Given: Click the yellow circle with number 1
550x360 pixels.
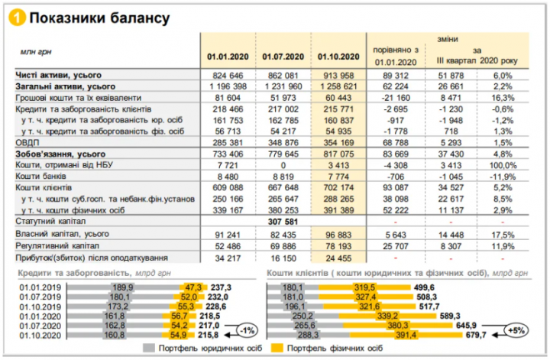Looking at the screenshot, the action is pyautogui.click(x=17, y=18).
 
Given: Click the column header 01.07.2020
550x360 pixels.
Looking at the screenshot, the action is pyautogui.click(x=283, y=57).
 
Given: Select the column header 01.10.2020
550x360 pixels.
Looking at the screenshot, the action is pyautogui.click(x=338, y=57).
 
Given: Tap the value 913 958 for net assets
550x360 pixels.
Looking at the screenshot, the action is pyautogui.click(x=338, y=76).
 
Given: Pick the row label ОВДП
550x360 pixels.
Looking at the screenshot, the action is pyautogui.click(x=27, y=143).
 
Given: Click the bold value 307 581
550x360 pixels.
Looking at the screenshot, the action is pyautogui.click(x=283, y=222).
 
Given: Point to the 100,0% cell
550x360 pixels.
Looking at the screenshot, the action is pyautogui.click(x=503, y=165).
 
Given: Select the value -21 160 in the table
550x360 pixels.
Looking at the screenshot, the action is pyautogui.click(x=396, y=98).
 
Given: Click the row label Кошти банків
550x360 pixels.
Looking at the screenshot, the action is pyautogui.click(x=40, y=176).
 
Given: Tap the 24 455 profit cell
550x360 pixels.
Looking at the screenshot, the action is pyautogui.click(x=338, y=258).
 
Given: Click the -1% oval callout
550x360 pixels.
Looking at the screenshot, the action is pyautogui.click(x=247, y=330).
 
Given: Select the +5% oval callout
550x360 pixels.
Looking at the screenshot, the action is pyautogui.click(x=516, y=330).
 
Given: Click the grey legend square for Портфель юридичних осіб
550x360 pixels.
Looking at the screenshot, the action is pyautogui.click(x=149, y=348).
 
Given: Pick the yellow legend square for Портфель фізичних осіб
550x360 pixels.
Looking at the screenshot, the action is pyautogui.click(x=277, y=348).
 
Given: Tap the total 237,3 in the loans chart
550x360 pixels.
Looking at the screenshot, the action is pyautogui.click(x=221, y=287).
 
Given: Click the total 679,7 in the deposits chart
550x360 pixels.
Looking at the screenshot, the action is pyautogui.click(x=476, y=335).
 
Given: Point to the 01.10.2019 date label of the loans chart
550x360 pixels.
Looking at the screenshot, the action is pyautogui.click(x=40, y=306).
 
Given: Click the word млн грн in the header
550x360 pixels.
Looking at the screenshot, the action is pyautogui.click(x=36, y=52).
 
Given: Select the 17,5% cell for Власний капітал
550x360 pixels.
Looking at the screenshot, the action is pyautogui.click(x=503, y=235).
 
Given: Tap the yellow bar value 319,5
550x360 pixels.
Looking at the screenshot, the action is pyautogui.click(x=364, y=287).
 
